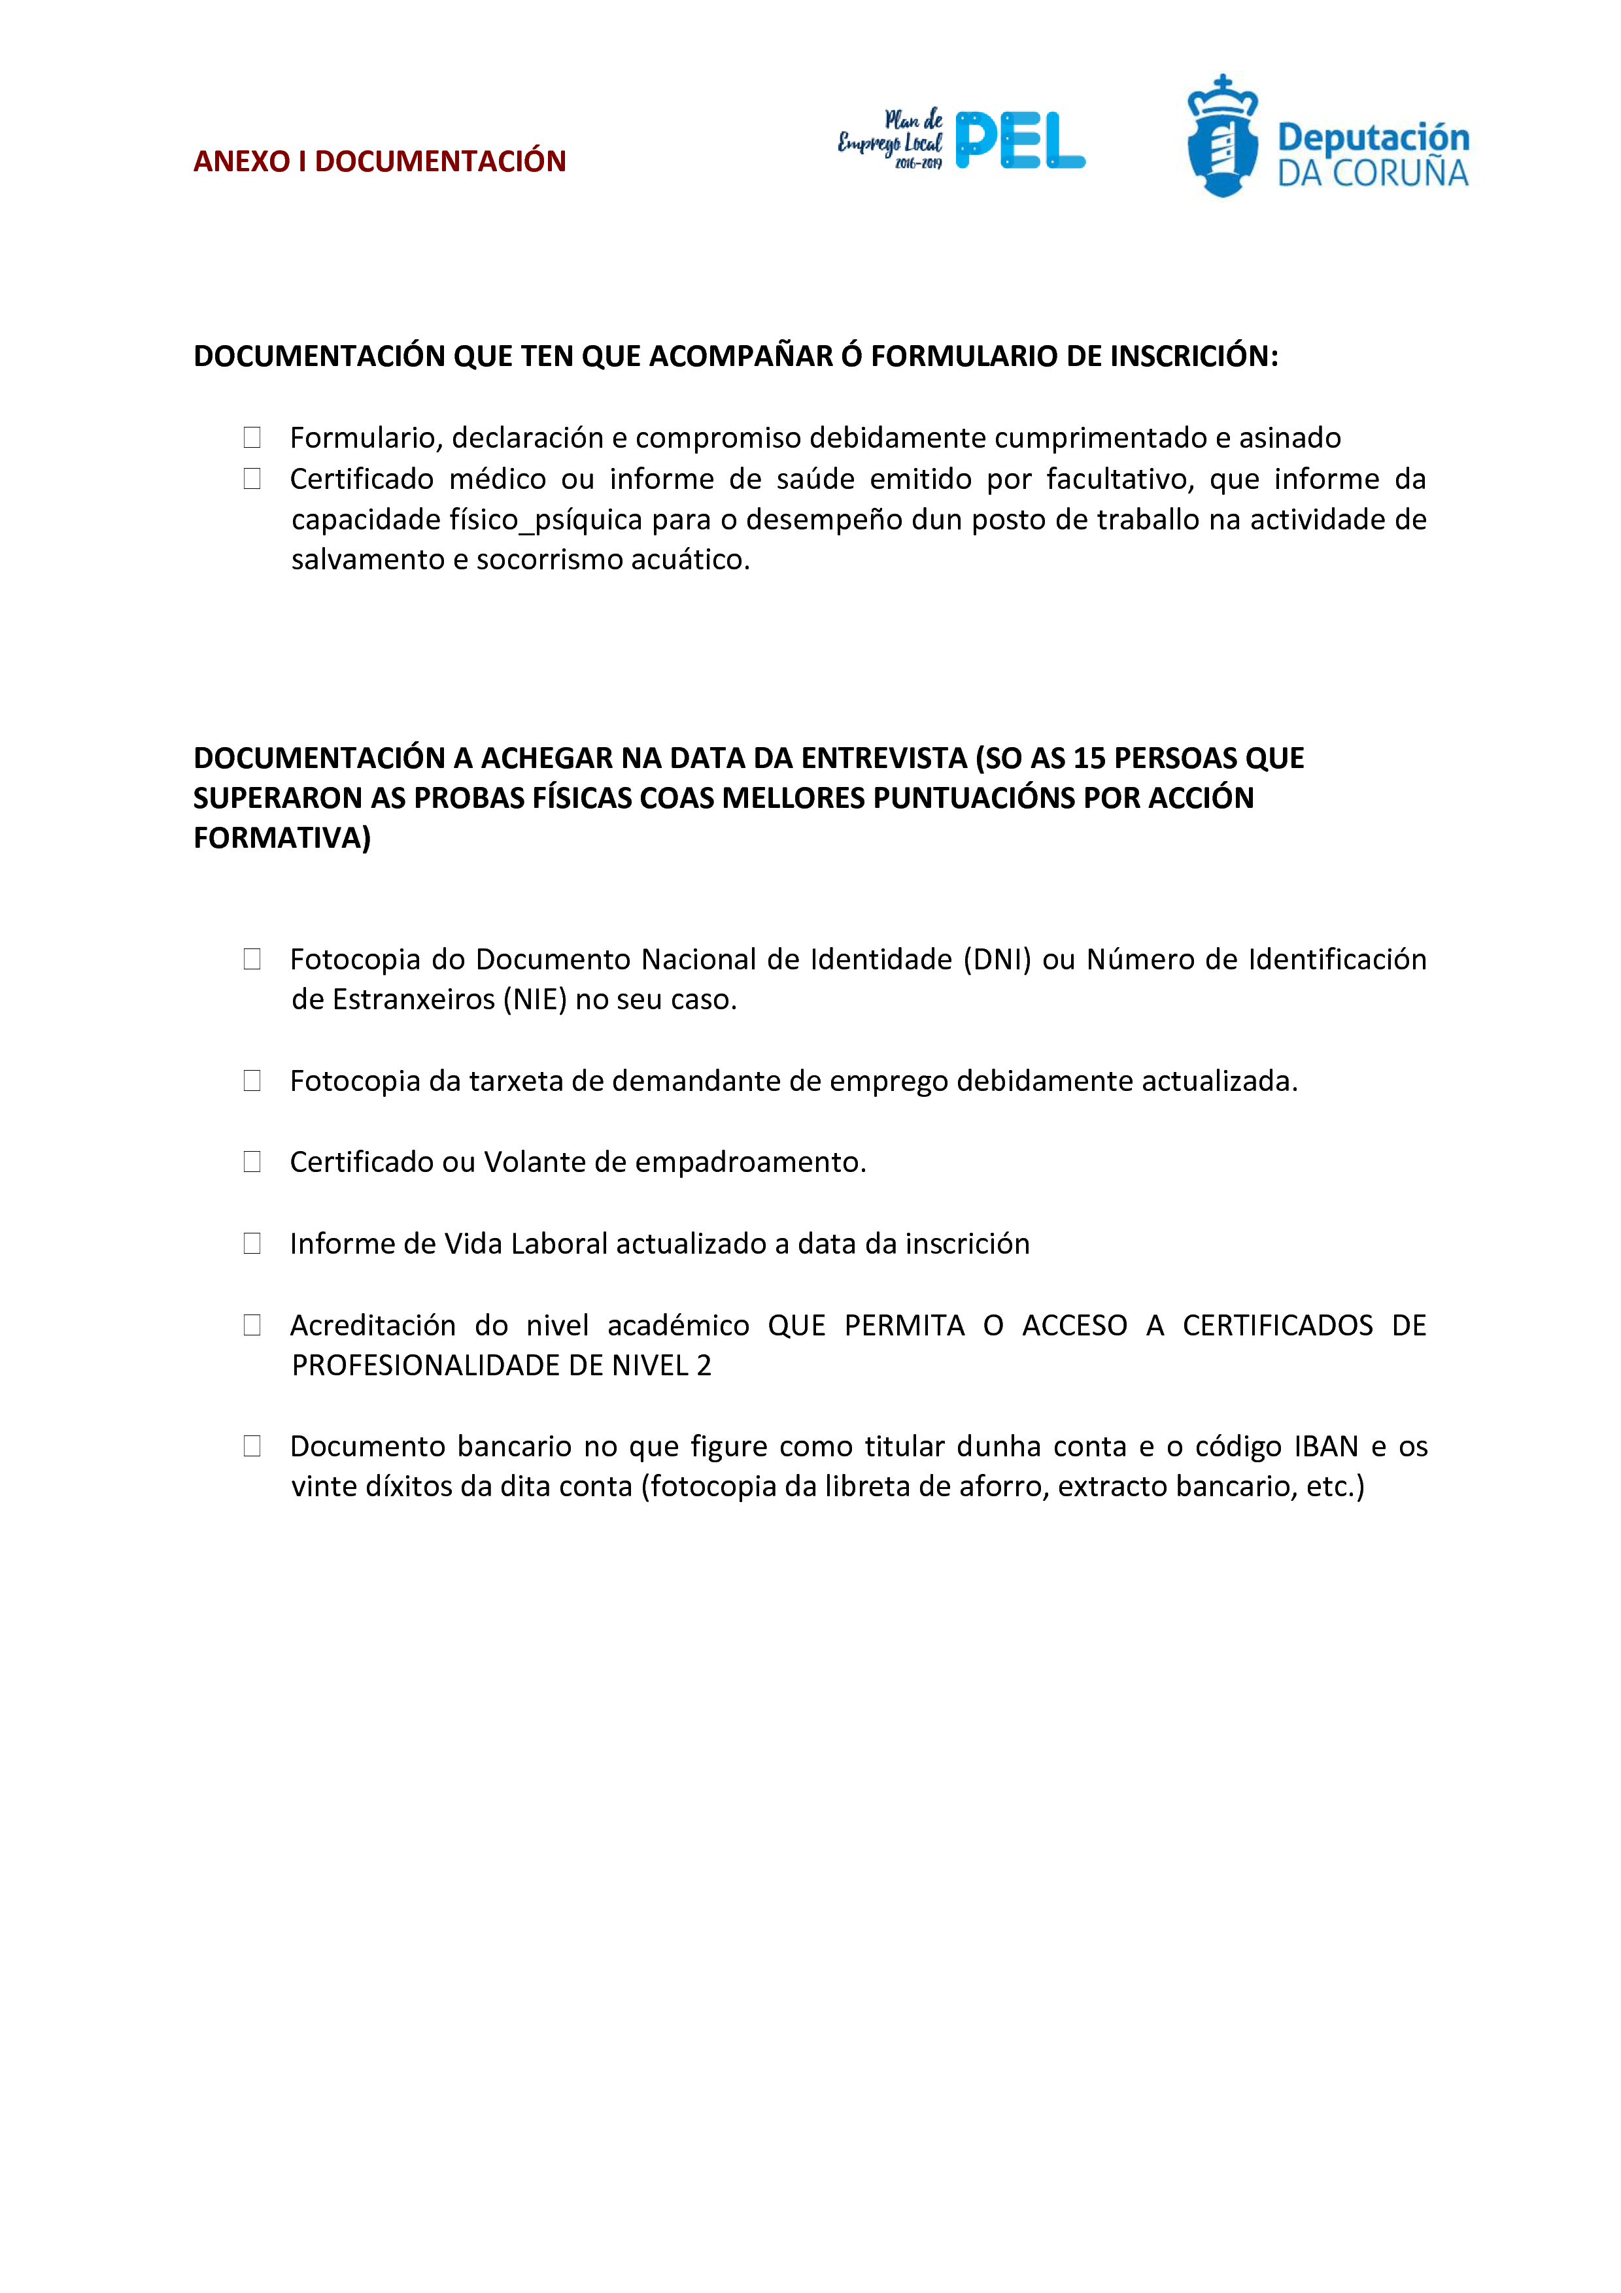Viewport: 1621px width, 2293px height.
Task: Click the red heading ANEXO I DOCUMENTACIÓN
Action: (x=379, y=161)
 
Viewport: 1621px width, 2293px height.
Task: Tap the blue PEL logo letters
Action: (x=1019, y=141)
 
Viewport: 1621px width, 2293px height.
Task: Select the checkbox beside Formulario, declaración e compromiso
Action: (x=252, y=437)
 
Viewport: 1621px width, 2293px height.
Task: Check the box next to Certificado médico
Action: (x=252, y=479)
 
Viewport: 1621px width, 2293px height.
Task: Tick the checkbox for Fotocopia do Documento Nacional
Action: (x=252, y=959)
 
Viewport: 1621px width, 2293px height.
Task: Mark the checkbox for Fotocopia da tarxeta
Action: (x=252, y=1080)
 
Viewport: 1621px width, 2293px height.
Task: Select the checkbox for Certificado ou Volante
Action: (x=252, y=1162)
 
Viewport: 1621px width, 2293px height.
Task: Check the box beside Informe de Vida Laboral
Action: (x=252, y=1243)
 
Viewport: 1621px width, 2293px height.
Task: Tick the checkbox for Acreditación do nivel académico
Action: (x=252, y=1325)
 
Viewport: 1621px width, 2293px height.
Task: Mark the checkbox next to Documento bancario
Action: (x=252, y=1446)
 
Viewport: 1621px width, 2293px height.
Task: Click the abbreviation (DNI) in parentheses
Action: (x=996, y=960)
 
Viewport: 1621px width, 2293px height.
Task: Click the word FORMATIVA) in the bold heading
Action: (x=282, y=838)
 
